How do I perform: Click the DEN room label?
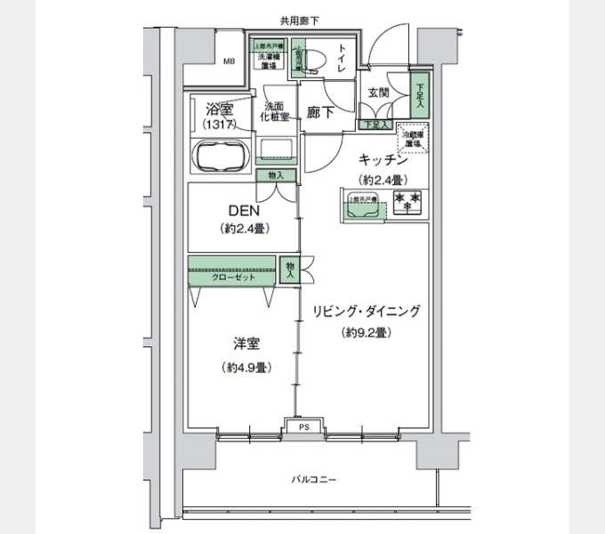pyautogui.click(x=244, y=211)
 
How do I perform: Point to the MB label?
pyautogui.click(x=229, y=61)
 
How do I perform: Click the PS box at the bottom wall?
pyautogui.click(x=303, y=427)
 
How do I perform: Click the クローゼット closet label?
pyautogui.click(x=233, y=278)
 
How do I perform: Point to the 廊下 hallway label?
pyautogui.click(x=321, y=113)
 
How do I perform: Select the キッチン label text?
pyautogui.click(x=383, y=160)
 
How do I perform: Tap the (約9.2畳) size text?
pyautogui.click(x=366, y=333)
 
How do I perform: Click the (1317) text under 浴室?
pyautogui.click(x=219, y=126)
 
